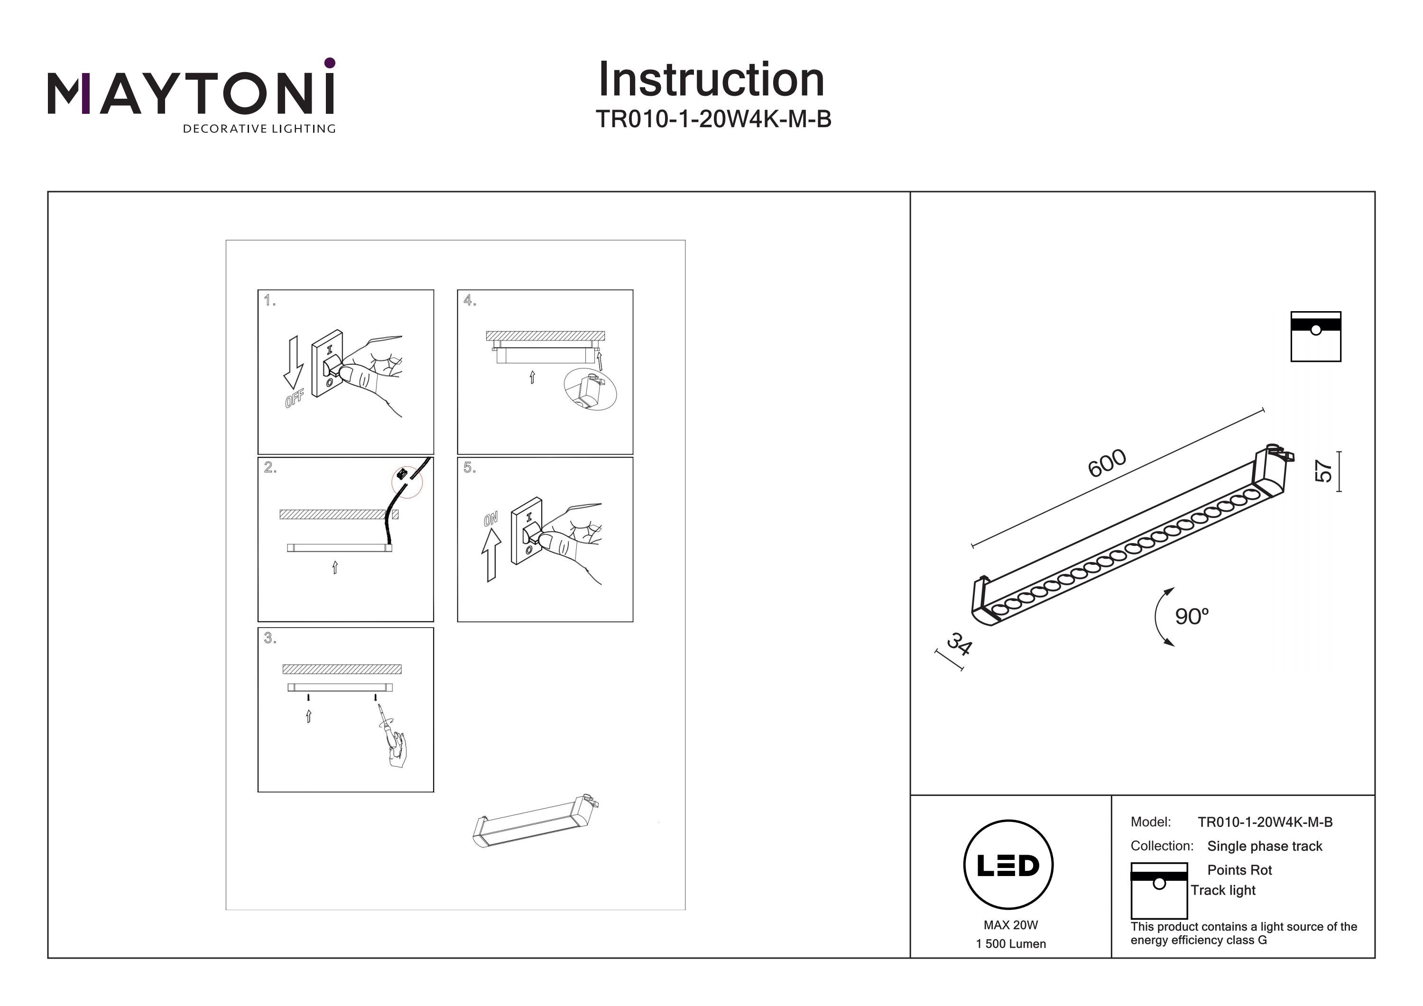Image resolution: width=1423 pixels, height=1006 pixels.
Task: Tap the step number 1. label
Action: click(269, 301)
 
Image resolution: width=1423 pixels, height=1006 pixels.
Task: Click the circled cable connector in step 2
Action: click(407, 481)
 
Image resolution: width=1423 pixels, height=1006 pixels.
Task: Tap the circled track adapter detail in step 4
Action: click(590, 390)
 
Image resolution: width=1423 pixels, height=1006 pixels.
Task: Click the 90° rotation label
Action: click(1191, 616)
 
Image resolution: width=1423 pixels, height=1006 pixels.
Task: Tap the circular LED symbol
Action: click(1008, 865)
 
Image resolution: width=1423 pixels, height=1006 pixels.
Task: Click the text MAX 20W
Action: click(1010, 925)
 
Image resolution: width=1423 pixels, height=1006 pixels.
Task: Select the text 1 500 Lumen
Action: click(1010, 943)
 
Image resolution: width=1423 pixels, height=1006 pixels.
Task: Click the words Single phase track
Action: click(1265, 846)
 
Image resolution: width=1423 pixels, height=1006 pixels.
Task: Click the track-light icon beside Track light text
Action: click(1158, 890)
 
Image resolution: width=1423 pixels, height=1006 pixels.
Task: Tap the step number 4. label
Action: click(469, 301)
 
